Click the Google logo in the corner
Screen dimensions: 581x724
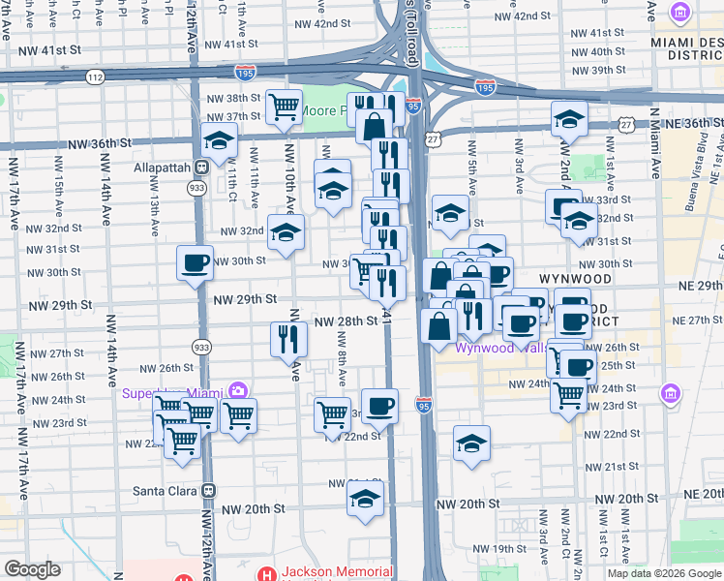pyautogui.click(x=32, y=569)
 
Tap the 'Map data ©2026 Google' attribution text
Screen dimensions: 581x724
pyautogui.click(x=663, y=573)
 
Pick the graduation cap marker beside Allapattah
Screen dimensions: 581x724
pyautogui.click(x=220, y=141)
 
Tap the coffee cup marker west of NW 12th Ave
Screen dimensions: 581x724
pyautogui.click(x=195, y=261)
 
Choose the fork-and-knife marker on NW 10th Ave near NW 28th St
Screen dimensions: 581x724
pyautogui.click(x=289, y=337)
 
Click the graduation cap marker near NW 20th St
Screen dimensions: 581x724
pyautogui.click(x=366, y=498)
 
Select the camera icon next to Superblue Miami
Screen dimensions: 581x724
pyautogui.click(x=237, y=392)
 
